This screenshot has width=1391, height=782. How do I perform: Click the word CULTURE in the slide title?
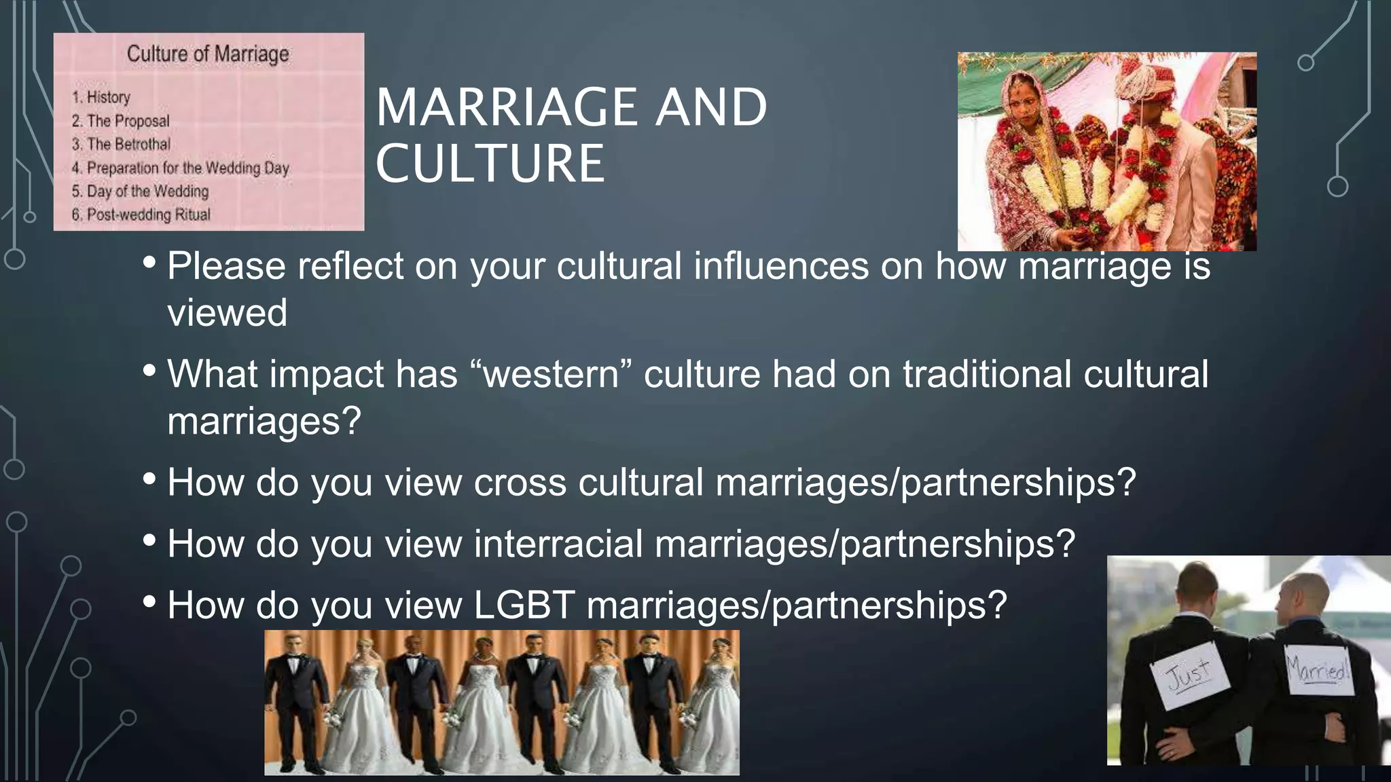490,164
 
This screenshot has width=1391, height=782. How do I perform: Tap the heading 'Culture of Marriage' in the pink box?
208,54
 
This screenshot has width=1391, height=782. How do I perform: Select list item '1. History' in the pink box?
101,97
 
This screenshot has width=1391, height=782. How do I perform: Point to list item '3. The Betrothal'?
121,144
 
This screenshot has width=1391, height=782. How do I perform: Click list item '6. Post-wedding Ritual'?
141,215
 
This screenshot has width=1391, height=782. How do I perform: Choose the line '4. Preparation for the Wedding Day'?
181,168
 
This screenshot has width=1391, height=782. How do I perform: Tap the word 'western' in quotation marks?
551,374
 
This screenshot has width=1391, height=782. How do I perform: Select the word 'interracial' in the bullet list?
558,544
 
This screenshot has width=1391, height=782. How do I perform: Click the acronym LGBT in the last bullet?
524,605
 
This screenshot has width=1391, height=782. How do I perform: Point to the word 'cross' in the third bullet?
520,483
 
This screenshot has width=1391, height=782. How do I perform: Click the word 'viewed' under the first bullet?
228,313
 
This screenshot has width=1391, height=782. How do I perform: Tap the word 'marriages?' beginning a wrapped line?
264,422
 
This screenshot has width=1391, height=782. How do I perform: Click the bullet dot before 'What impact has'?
150,371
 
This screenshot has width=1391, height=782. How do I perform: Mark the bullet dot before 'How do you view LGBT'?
150,601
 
